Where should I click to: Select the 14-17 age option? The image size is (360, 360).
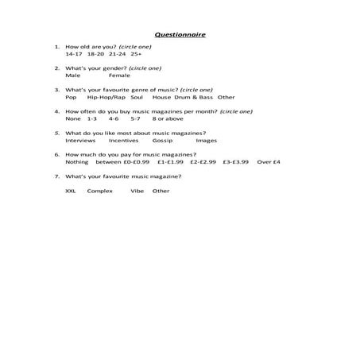(x=73, y=54)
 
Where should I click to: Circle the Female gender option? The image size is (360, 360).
(x=119, y=75)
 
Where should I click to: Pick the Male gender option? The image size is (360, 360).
(x=72, y=75)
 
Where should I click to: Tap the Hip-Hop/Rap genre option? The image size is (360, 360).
(x=106, y=97)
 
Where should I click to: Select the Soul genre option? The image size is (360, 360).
(x=137, y=97)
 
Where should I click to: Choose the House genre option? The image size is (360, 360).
(x=161, y=97)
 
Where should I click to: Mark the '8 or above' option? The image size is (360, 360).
(x=168, y=118)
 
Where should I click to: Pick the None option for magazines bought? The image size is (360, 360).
(x=72, y=118)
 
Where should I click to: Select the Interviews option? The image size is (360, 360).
(x=79, y=140)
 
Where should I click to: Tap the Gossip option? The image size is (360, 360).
(x=162, y=140)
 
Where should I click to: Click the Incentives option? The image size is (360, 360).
(x=123, y=140)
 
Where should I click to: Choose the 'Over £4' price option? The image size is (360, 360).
(x=269, y=161)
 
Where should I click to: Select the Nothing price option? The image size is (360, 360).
(x=77, y=161)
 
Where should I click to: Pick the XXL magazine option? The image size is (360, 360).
(x=71, y=191)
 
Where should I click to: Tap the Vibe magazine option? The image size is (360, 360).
(x=137, y=191)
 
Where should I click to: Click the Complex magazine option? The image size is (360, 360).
(x=100, y=191)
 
